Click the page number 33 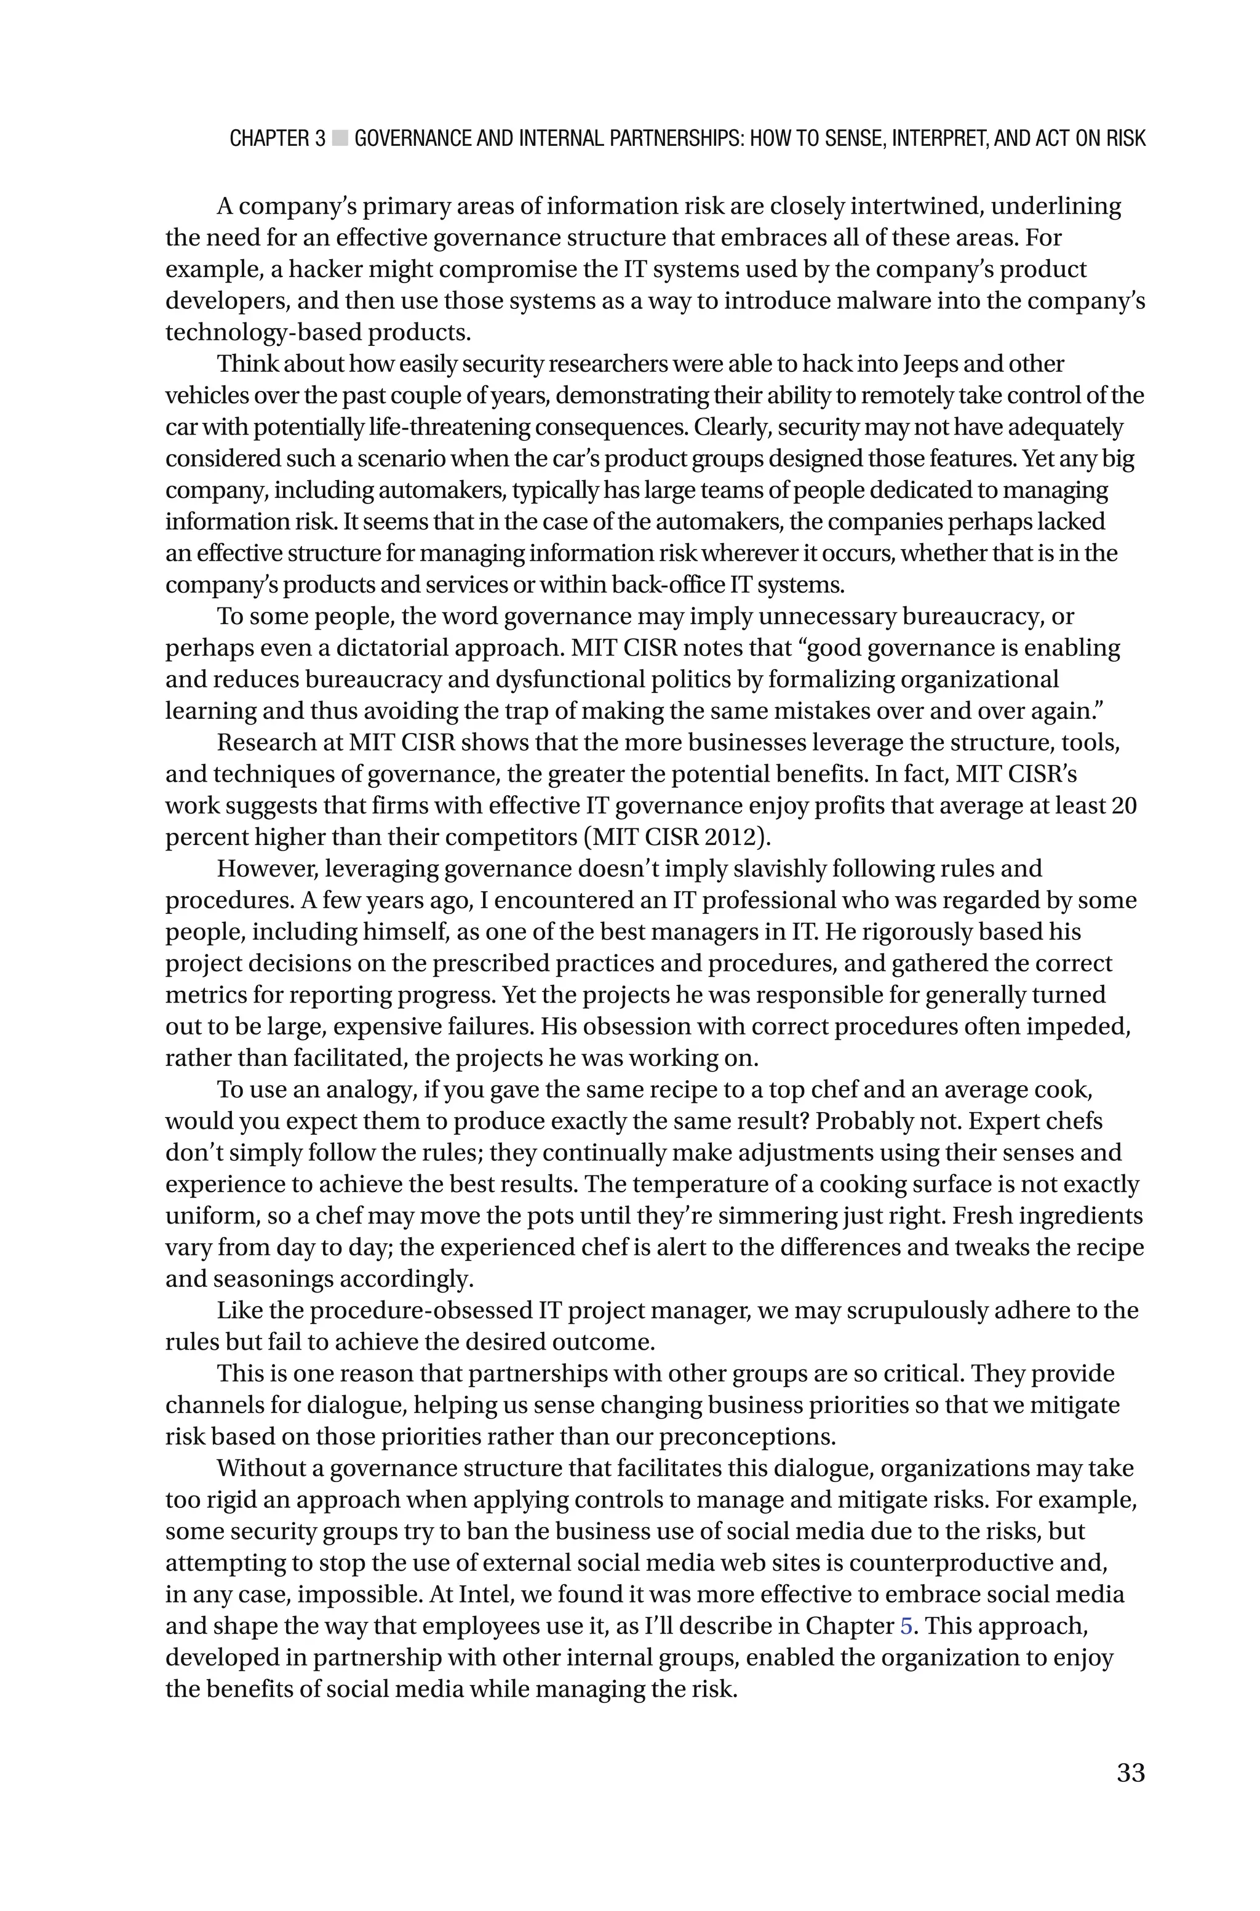pos(1130,1772)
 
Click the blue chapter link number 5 pos(906,1625)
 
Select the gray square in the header pos(340,138)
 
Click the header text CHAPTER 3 pos(277,138)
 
